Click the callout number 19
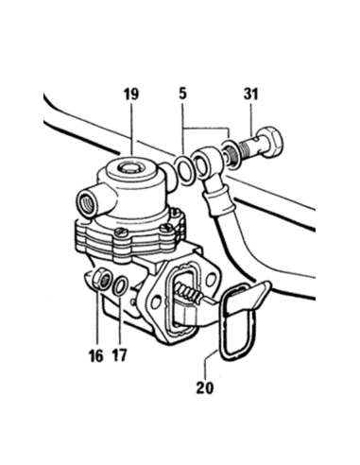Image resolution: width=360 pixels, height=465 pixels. point(131,94)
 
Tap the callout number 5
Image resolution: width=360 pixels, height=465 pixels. point(182,94)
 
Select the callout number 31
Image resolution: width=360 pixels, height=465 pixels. point(250,94)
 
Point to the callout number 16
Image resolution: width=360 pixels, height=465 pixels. point(96,355)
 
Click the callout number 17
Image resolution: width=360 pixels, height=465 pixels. point(119,355)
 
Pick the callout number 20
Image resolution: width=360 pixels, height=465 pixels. point(205,387)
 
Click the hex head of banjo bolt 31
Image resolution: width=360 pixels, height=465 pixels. point(271,142)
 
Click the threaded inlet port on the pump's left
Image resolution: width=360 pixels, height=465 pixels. point(87,205)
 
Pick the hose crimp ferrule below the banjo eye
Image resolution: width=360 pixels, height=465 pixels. point(218,200)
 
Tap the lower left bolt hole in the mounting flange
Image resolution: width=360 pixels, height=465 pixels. point(156,302)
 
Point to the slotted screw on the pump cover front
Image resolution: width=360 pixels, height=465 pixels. point(121,232)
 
